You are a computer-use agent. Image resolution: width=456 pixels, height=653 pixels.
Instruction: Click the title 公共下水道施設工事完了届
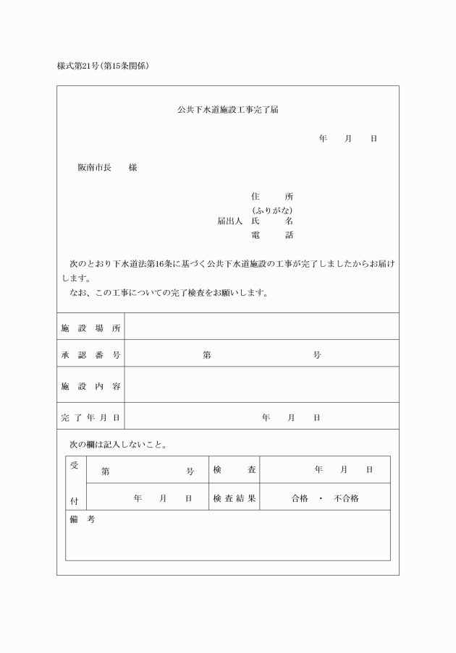coord(228,111)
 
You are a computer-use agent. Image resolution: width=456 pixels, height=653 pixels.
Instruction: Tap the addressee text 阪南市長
coord(94,168)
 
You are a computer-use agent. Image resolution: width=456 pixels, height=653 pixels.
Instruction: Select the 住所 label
coord(272,197)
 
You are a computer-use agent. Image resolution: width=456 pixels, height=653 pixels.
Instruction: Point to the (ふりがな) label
coord(272,210)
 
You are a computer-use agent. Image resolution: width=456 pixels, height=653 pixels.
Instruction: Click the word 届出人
coord(229,221)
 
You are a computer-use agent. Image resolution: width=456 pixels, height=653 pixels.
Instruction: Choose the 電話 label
coord(272,235)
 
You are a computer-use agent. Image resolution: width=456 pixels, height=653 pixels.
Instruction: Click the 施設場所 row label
coord(90,328)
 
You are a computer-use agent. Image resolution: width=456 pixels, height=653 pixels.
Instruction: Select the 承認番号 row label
coord(90,355)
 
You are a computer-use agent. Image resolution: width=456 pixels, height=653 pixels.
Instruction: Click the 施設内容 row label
coord(90,386)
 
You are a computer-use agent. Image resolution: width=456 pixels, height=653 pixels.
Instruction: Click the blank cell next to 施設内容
coord(261,385)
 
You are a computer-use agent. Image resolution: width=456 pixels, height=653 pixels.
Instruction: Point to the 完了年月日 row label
coord(90,417)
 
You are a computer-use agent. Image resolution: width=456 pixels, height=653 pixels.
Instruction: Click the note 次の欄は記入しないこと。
coord(118,444)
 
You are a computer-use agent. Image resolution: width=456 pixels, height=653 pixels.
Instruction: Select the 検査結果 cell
coord(234,498)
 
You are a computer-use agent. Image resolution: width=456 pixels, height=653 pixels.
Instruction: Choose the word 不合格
coord(346,498)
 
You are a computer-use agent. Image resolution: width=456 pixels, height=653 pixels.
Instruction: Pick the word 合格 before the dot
coord(300,498)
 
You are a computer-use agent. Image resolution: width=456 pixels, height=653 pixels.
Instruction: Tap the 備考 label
coord(82,520)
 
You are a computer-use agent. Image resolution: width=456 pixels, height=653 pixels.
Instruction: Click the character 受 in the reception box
coord(75,466)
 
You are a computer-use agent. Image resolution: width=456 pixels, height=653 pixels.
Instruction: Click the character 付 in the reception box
coord(75,500)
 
